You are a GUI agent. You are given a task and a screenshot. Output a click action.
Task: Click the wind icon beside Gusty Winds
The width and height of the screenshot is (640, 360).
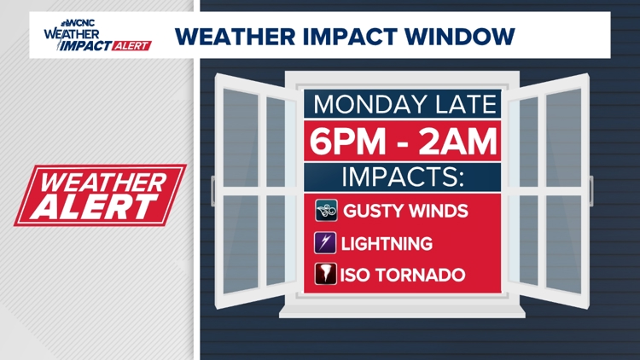point(326,211)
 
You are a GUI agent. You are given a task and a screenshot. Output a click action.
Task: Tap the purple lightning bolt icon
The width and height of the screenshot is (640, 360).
point(325,243)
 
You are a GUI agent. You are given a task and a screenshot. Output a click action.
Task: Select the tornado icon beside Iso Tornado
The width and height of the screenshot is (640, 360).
point(325,274)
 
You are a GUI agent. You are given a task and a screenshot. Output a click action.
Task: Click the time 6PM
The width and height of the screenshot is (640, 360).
point(347,142)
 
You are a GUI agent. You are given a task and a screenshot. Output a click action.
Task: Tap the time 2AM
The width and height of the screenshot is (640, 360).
point(457,142)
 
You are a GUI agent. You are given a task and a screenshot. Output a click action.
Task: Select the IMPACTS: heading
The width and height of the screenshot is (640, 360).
point(403,177)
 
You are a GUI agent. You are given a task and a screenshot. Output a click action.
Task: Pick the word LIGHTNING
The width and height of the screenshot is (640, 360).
point(387,244)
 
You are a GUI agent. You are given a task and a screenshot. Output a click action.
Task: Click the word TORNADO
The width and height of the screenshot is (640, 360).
point(421,275)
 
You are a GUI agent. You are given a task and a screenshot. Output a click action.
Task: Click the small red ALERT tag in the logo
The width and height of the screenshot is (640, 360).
point(131,46)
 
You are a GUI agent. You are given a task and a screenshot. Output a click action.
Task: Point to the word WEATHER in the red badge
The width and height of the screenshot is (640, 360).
point(104,183)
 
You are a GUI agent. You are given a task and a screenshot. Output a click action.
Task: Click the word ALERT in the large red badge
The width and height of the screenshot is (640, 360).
point(95,206)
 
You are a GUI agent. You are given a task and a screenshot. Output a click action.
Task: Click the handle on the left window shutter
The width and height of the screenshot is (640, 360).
point(212,190)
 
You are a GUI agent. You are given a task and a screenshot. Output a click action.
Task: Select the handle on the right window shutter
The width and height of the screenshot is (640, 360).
point(591,190)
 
